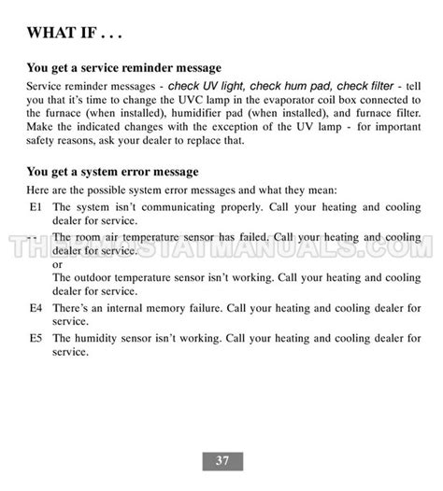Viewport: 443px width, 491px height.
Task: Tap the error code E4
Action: pyautogui.click(x=36, y=307)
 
